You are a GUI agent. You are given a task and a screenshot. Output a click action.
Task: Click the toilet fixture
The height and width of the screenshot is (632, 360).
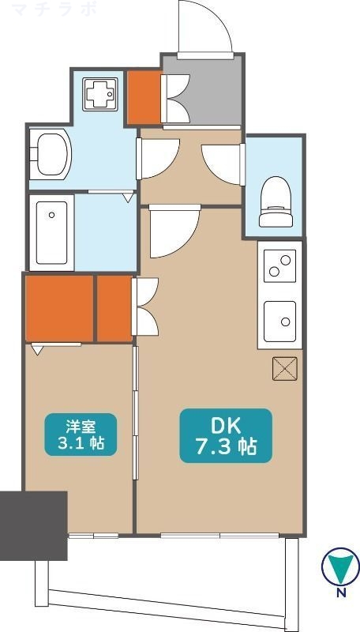pos(276,197)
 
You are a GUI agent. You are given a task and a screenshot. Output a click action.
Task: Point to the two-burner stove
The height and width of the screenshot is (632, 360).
pos(280,264)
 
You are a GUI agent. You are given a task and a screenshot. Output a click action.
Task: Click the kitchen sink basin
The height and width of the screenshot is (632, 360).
pos(280,318)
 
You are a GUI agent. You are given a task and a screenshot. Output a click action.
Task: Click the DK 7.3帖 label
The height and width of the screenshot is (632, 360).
pos(226,435)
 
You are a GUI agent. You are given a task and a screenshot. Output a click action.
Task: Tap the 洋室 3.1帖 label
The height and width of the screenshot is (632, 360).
pos(81,434)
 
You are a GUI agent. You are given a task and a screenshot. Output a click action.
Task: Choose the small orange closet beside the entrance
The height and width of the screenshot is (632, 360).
pos(144,97)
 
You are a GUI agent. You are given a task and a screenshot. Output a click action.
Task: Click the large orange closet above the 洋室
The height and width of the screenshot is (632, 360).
pos(59,307)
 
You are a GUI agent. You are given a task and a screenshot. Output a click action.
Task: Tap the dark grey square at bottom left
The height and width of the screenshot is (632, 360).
pos(33,525)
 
